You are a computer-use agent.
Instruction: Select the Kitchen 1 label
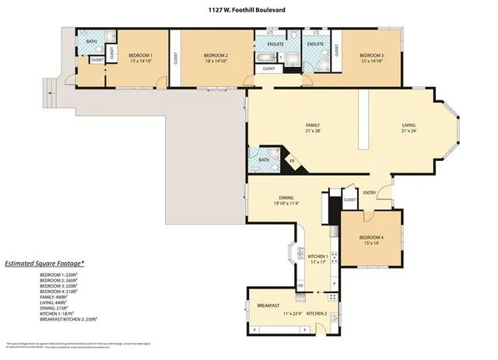point(317,257)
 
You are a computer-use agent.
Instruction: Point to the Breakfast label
point(268,306)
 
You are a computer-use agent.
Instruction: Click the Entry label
point(370,194)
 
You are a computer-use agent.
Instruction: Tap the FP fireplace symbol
point(293,162)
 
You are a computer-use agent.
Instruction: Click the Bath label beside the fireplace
point(264,160)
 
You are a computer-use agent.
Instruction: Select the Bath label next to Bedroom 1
point(92,42)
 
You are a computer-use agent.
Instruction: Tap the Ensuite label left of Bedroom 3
point(315,44)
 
